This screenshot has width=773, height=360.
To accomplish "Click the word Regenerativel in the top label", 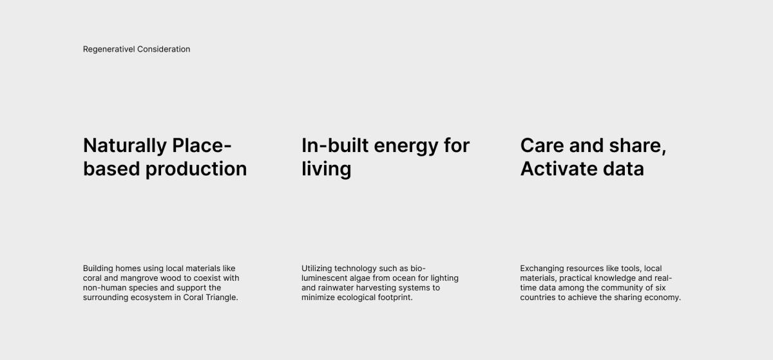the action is (109, 50).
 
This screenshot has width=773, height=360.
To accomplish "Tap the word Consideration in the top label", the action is (164, 49).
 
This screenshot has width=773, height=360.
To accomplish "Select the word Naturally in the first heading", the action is (125, 146).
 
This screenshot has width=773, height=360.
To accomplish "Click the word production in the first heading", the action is (196, 169).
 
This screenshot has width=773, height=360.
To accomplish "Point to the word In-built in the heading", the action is (335, 146).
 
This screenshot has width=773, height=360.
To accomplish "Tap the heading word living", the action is (327, 169).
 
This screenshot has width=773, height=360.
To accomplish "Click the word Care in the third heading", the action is (542, 146).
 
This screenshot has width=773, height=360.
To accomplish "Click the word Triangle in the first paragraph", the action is (222, 298).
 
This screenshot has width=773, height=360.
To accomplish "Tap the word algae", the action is (350, 278).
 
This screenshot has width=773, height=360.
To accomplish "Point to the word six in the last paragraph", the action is (660, 288).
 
